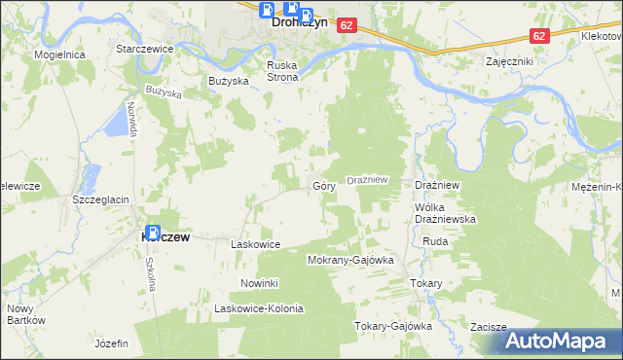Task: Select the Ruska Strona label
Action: [287, 72]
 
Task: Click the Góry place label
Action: [324, 185]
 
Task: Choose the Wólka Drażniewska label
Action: [445, 213]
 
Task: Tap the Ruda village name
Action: [435, 241]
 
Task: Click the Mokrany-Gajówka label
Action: [349, 261]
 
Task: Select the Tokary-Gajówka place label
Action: [392, 326]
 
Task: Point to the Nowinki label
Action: [260, 283]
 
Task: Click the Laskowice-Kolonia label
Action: [259, 308]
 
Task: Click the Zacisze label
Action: [489, 327]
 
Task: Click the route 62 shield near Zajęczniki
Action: [540, 34]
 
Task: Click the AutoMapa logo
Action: [564, 341]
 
